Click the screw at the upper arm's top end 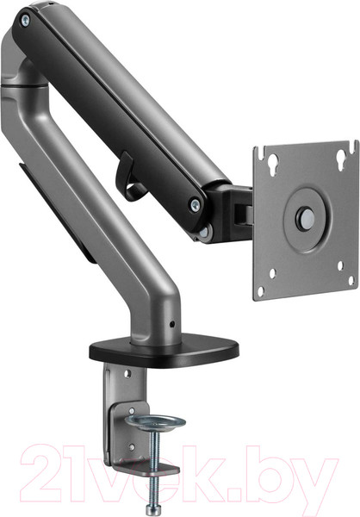pyautogui.click(x=25, y=21)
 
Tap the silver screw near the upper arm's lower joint pyautogui.click(x=196, y=205)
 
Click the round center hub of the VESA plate pyautogui.click(x=307, y=219)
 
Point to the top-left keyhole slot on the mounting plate pyautogui.click(x=273, y=164)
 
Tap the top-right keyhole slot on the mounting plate pyautogui.click(x=342, y=160)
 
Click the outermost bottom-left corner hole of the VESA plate pyautogui.click(x=261, y=291)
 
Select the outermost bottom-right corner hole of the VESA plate pyautogui.click(x=351, y=281)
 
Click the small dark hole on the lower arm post pyautogui.click(x=171, y=325)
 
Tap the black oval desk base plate pyautogui.click(x=164, y=352)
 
